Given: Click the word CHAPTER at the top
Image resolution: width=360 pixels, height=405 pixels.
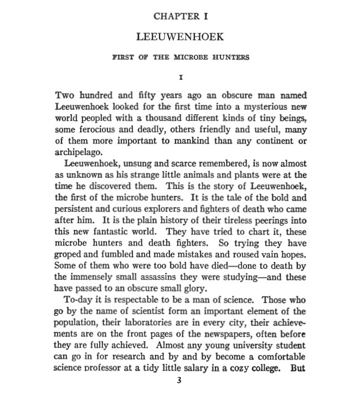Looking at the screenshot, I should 173,17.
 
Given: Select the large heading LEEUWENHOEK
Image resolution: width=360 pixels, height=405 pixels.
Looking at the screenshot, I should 181,37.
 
